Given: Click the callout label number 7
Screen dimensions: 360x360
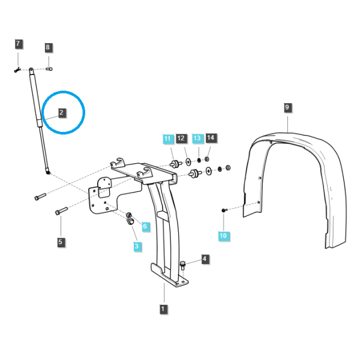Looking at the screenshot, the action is click(19, 44).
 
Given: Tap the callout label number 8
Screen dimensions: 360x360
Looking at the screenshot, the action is click(48, 47).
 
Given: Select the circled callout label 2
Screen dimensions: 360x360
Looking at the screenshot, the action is click(62, 113).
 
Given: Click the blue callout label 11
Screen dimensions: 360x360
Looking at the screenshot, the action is click(168, 139).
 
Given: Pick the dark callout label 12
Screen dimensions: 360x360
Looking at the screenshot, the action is click(181, 138).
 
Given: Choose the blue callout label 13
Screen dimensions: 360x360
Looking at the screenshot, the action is click(197, 138).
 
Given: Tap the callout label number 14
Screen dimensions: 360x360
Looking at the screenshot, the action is click(211, 138).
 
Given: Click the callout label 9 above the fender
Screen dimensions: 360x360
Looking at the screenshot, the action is click(287, 107).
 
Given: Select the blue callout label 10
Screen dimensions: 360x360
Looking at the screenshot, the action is click(224, 236).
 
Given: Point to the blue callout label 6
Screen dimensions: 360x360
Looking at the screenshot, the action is click(145, 226).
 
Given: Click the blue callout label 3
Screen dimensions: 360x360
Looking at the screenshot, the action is click(137, 246).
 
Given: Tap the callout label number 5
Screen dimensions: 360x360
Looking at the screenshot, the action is click(61, 242).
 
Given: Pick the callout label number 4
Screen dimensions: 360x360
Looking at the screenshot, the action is click(205, 259).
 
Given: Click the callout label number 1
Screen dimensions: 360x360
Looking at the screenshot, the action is click(163, 309).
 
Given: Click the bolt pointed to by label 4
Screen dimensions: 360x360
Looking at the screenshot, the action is click(183, 265).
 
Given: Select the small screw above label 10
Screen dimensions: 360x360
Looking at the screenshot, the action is click(224, 210).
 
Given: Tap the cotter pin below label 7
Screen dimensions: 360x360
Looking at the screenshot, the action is click(17, 70).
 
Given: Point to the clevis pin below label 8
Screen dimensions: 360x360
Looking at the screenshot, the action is click(49, 68).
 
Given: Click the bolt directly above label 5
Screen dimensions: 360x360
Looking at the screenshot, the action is click(61, 211).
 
